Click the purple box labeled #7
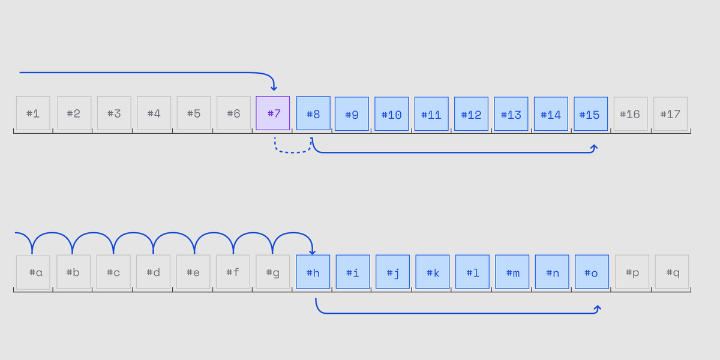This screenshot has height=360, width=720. point(273,113)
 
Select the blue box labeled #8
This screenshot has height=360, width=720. point(313,113)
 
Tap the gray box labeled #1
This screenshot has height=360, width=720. point(33,113)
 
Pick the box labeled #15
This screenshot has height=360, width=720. point(591,114)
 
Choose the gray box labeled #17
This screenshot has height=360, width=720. point(671,114)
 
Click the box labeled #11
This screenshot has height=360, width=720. point(431,114)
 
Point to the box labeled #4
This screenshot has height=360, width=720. point(154,113)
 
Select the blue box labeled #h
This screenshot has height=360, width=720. point(313,272)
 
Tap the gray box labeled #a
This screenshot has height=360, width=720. point(33,272)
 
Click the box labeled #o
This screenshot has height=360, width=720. point(592,272)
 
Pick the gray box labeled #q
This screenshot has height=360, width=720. point(672,272)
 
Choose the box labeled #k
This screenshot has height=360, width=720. point(433,272)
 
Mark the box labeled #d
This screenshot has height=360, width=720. point(153,272)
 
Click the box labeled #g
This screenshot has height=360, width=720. point(273,272)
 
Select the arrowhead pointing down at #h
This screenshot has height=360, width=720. point(313,252)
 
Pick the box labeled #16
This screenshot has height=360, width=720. point(631,114)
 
